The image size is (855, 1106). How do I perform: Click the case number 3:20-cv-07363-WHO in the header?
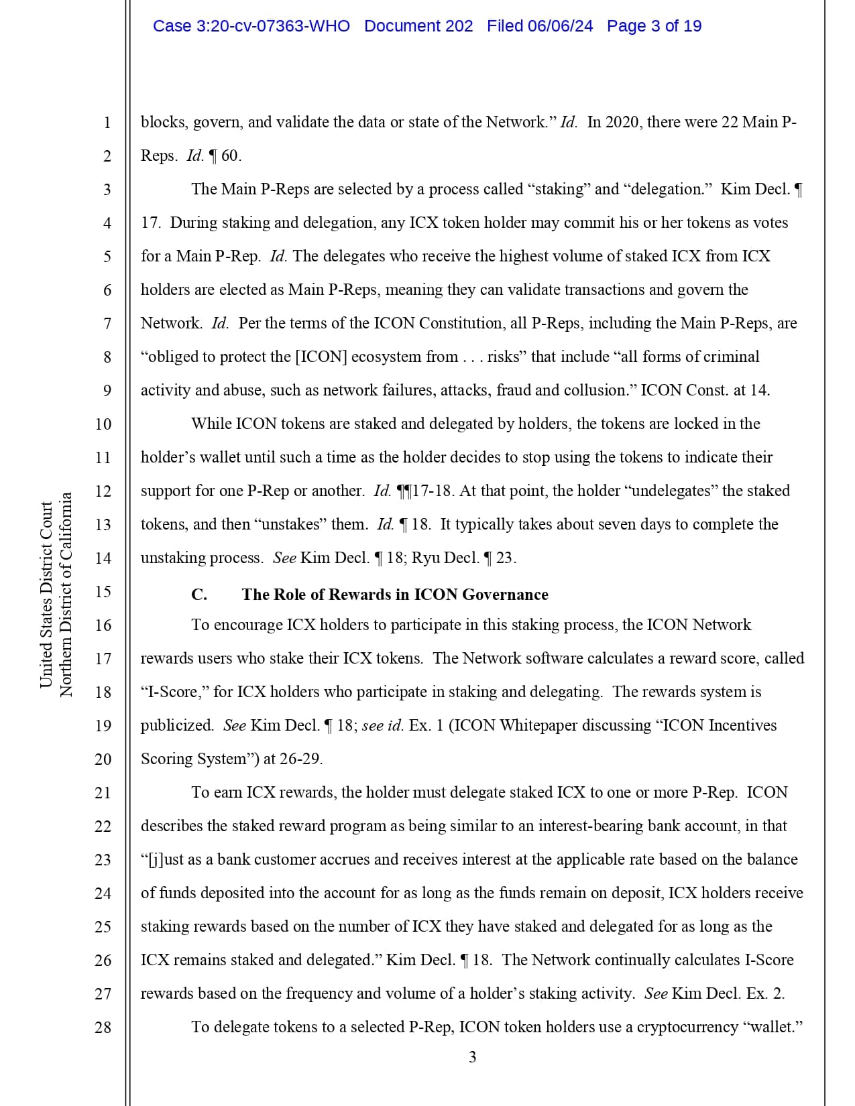(x=251, y=26)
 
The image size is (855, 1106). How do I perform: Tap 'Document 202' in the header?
(x=418, y=26)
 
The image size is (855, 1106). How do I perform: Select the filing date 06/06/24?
(x=560, y=26)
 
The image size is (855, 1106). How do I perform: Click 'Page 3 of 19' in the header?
(x=654, y=26)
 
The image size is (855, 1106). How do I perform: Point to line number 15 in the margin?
(x=103, y=591)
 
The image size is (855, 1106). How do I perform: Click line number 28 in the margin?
(x=103, y=1027)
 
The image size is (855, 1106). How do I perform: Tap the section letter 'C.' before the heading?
(x=199, y=595)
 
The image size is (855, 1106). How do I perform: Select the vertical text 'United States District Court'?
(x=46, y=595)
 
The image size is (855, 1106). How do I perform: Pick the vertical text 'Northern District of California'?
(x=66, y=595)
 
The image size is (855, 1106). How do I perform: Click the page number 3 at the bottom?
(x=472, y=1057)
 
